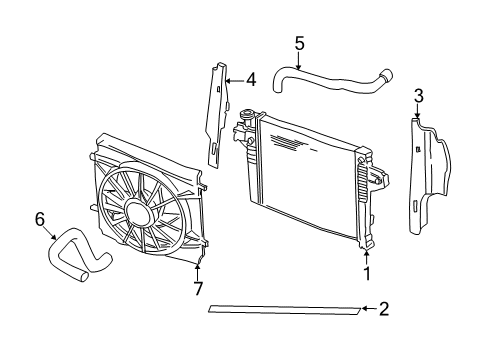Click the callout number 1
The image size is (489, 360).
[367, 272]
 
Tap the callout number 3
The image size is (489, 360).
[419, 96]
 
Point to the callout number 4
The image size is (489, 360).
[251, 78]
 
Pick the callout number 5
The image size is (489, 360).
[299, 42]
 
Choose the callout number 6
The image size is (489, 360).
[39, 217]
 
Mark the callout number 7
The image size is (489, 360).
[198, 290]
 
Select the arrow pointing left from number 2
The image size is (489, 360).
[369, 310]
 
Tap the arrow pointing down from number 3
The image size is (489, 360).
[419, 113]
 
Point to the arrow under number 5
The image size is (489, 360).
[299, 58]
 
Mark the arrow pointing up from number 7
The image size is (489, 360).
[198, 272]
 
